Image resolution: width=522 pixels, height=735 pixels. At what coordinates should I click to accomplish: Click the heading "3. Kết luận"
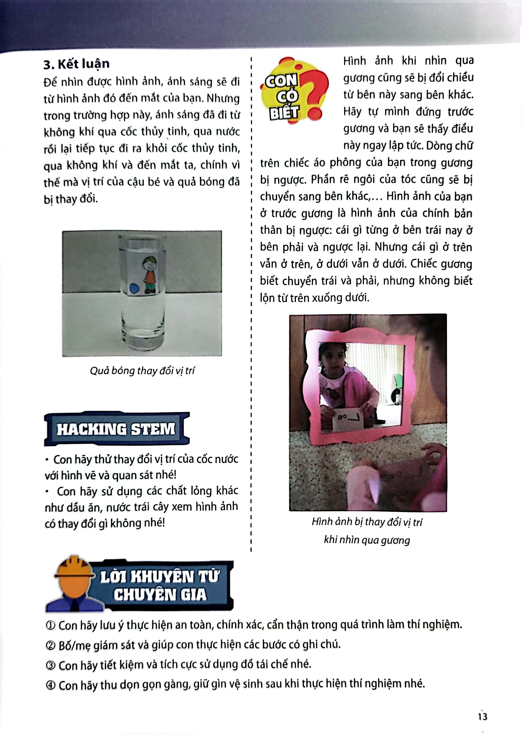[77, 64]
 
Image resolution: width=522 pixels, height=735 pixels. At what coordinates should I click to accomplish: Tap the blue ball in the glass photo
[134, 288]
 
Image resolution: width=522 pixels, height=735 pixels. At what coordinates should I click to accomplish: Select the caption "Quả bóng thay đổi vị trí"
[142, 371]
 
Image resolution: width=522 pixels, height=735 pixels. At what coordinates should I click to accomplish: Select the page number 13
[482, 716]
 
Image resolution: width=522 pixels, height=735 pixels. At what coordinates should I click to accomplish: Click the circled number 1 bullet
[50, 626]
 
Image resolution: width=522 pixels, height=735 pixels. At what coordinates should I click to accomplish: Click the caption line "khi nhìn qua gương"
[367, 540]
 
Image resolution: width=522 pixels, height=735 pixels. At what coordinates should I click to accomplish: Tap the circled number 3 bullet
[50, 665]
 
